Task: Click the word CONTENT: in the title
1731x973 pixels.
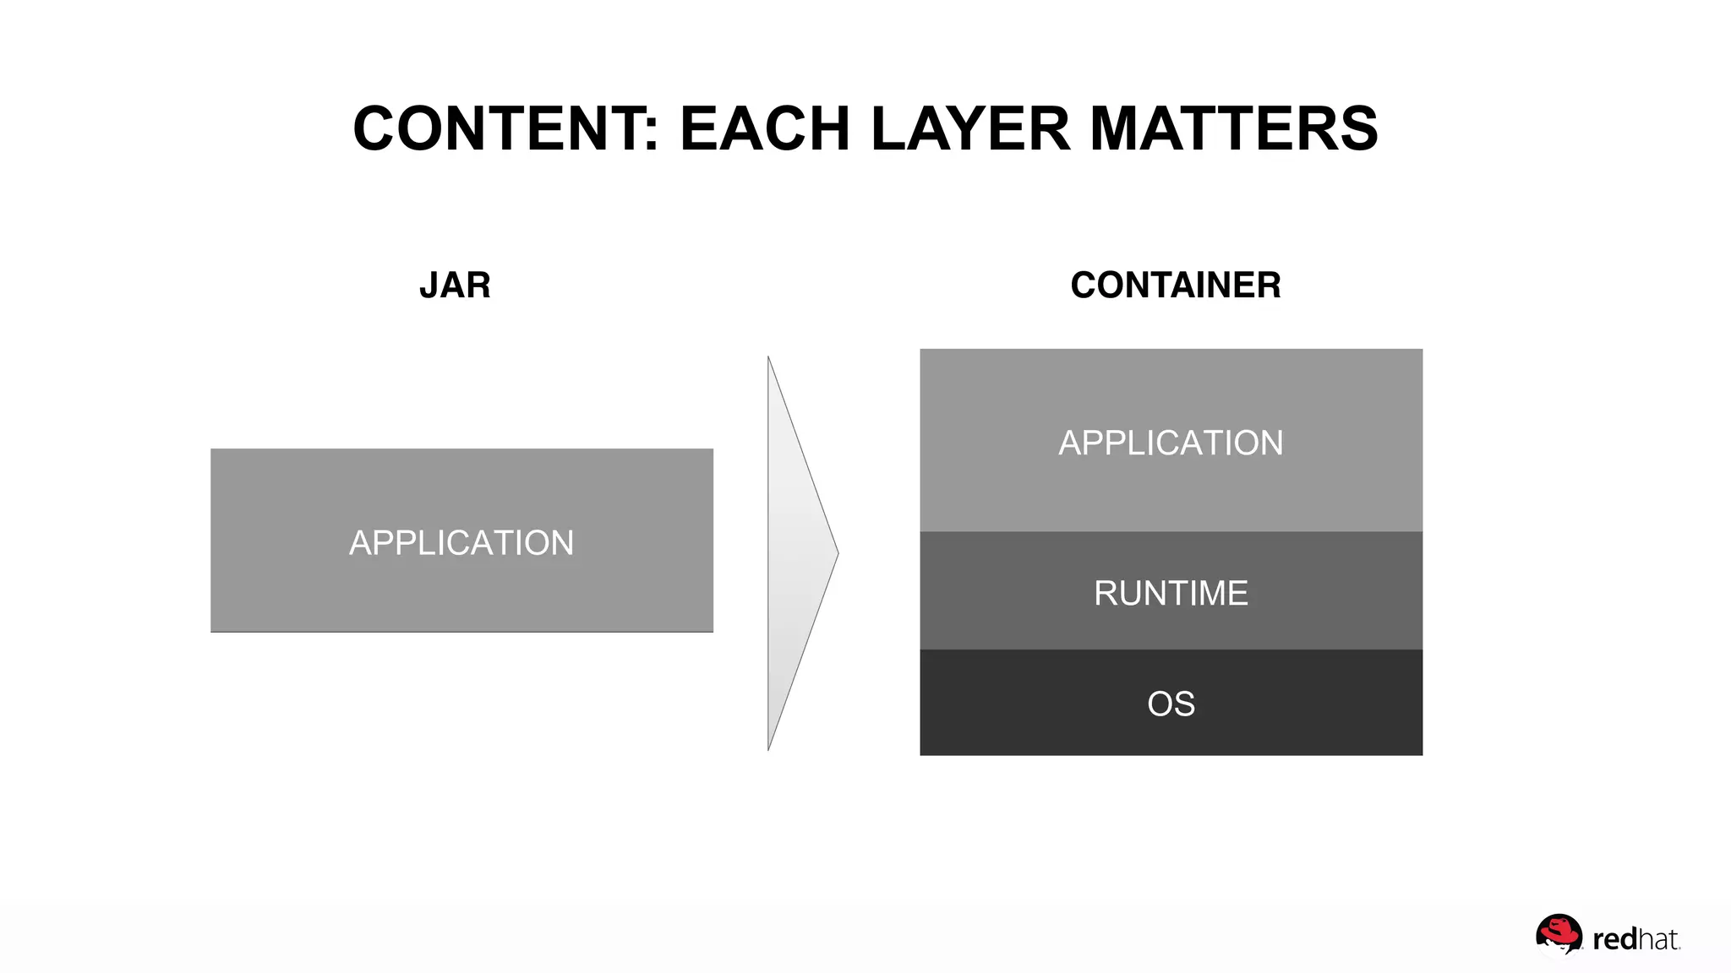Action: click(505, 129)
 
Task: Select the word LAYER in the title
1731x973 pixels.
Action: click(970, 129)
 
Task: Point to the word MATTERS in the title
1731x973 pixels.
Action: click(1234, 129)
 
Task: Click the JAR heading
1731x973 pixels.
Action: click(455, 285)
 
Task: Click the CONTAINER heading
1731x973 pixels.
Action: click(1175, 285)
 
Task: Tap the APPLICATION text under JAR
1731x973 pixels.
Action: click(461, 542)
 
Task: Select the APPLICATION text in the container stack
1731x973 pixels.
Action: click(1171, 443)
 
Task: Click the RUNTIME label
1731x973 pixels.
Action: click(1171, 593)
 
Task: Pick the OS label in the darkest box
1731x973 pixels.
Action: click(1171, 704)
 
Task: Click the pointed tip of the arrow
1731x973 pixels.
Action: click(837, 553)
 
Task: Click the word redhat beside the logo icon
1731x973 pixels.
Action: click(1635, 939)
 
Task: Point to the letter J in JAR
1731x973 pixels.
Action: click(429, 285)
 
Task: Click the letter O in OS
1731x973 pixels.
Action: click(1160, 704)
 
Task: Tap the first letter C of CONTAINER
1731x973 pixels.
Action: click(1084, 285)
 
